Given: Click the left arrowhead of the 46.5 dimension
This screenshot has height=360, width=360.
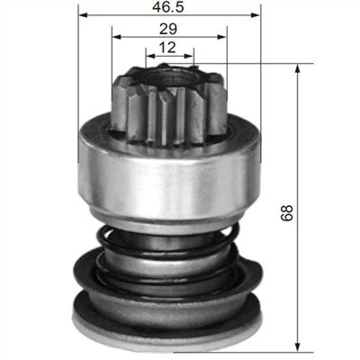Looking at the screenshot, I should click(84, 15).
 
